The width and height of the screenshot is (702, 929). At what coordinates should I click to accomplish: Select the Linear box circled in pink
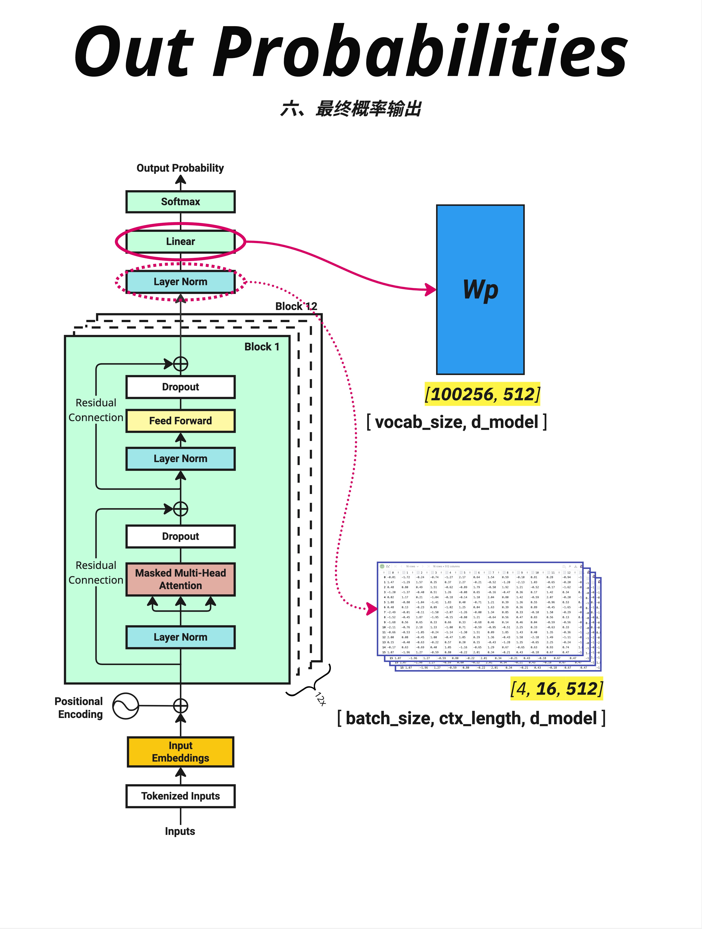point(180,242)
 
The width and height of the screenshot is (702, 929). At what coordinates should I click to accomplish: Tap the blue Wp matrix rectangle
point(480,290)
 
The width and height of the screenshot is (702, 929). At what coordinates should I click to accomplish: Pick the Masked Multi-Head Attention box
point(180,579)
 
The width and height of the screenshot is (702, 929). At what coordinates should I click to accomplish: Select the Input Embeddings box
point(180,752)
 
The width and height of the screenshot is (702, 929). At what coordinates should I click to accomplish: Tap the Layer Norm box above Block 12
point(180,282)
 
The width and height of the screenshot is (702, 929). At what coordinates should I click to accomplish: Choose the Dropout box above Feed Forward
point(180,387)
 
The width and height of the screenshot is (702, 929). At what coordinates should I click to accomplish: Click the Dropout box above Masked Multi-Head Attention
point(180,536)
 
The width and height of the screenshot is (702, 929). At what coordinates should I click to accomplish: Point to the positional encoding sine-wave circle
point(126,706)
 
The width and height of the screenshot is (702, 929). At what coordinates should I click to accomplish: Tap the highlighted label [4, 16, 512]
point(556,689)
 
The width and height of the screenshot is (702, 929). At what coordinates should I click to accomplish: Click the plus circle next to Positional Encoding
point(180,706)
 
